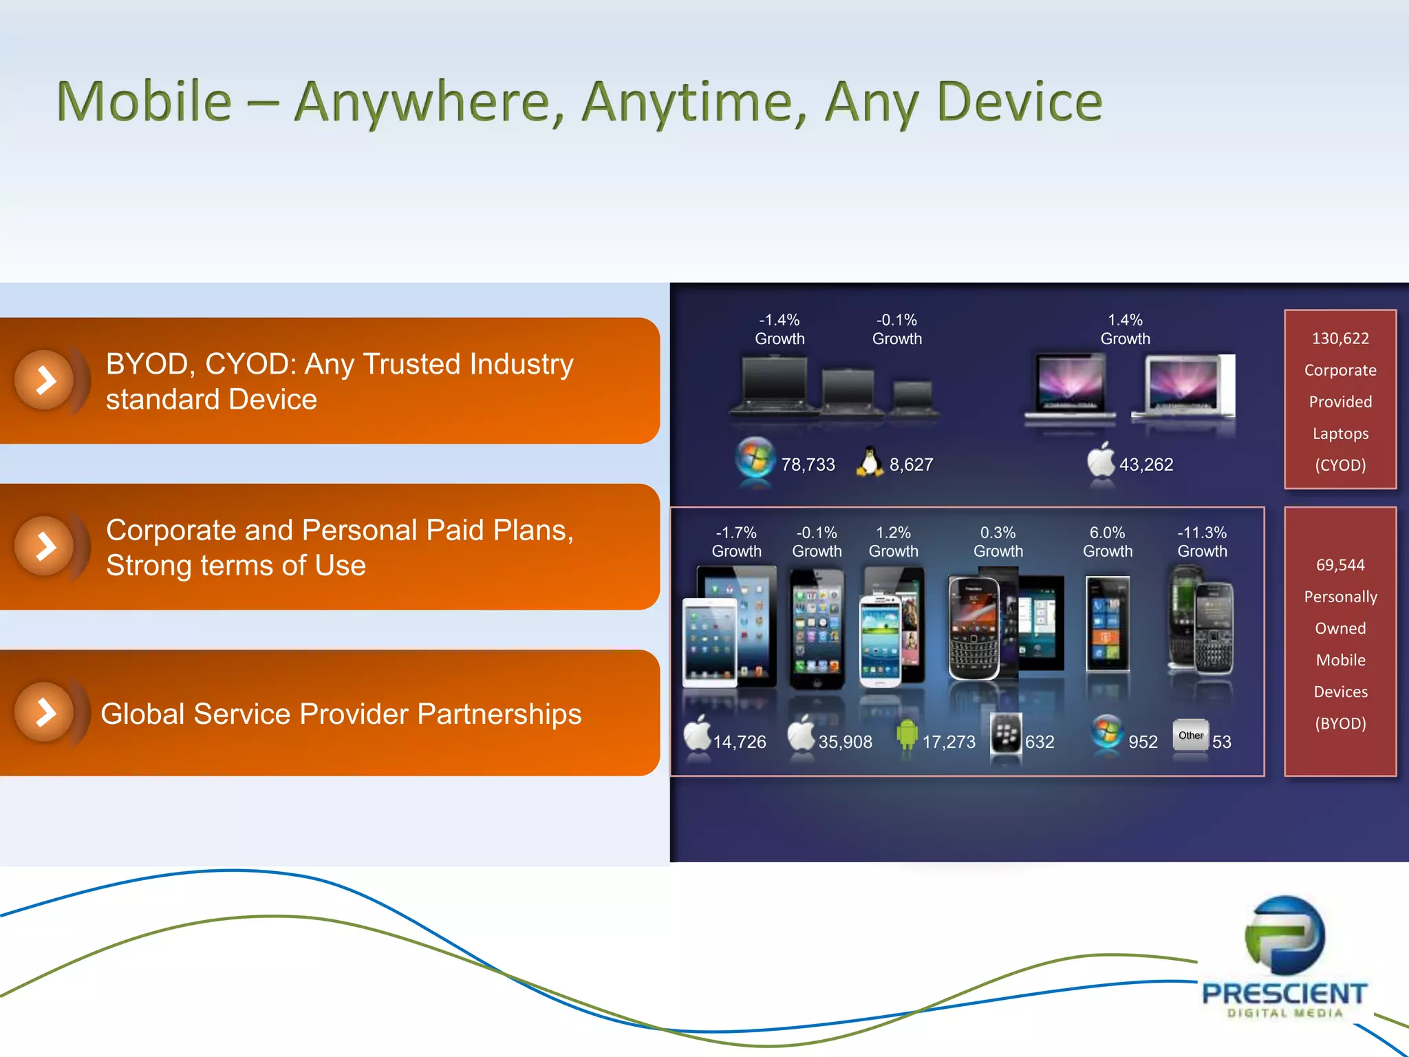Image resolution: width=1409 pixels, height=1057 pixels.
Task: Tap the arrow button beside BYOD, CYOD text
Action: coord(45,380)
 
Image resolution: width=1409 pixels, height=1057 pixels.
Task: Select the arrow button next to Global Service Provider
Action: coord(45,712)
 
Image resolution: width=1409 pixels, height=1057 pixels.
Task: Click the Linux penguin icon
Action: coord(870,462)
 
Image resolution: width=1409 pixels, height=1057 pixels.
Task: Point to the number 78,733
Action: coord(808,465)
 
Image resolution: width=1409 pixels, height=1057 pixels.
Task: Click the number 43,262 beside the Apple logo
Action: coord(1146,465)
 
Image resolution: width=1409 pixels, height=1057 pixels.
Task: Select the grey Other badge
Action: coord(1190,736)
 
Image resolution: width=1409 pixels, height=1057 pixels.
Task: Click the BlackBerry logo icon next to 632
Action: coord(1005,734)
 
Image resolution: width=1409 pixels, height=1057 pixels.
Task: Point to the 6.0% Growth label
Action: coord(1107,542)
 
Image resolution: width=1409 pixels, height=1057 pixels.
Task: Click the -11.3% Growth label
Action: coord(1202,542)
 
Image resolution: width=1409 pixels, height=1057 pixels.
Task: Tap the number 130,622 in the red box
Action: coord(1340,339)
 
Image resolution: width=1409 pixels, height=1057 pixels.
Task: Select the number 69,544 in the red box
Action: coord(1340,565)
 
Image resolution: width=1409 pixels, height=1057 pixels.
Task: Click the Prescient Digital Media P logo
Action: coord(1284,936)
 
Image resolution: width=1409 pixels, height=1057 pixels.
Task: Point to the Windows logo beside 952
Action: coord(1107,732)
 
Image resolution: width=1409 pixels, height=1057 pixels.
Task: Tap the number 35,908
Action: coord(845,742)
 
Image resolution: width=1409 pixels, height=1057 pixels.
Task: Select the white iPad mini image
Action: coord(709,641)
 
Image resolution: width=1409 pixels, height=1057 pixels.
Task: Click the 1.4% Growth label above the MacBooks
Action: coord(1125,329)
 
